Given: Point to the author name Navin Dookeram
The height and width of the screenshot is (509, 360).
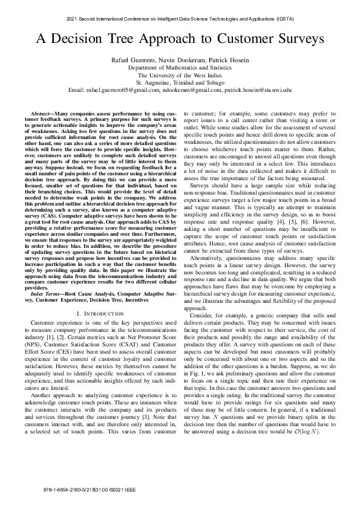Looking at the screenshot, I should pos(179,60).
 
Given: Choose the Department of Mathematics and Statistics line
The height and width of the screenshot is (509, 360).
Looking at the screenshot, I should pos(180,68).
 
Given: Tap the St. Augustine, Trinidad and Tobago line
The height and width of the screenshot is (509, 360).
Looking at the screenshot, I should pos(180,82).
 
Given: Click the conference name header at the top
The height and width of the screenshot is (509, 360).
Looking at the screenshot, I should pos(180,19).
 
